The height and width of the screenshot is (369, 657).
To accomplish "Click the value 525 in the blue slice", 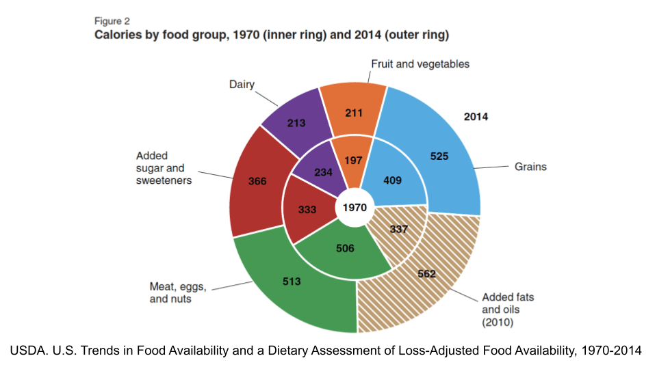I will (439, 156).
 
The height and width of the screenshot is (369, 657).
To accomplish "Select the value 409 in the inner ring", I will (392, 181).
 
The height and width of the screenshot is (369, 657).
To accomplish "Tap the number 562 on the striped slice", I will (426, 275).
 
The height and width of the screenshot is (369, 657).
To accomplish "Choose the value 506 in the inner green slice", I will (346, 248).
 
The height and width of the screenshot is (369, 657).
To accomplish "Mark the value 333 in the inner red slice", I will (307, 210).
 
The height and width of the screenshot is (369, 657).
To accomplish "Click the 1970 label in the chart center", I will (355, 207).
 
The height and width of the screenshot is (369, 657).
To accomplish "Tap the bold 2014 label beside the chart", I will (476, 117).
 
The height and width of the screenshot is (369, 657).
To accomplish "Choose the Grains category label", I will (530, 166).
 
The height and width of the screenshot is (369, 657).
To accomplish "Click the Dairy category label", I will (242, 85).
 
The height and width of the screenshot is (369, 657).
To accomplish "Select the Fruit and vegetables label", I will (420, 64).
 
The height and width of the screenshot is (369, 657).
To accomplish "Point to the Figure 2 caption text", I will (112, 20).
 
